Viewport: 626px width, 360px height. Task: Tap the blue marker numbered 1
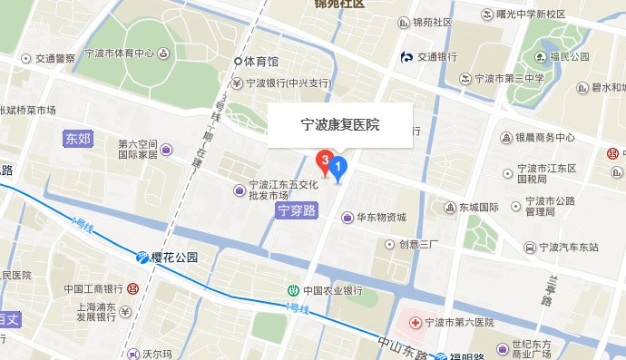338,167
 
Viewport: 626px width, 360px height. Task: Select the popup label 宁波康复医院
340,126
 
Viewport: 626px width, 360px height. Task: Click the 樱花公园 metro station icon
142,258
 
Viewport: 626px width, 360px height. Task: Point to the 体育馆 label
261,62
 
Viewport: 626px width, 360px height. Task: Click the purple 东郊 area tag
78,139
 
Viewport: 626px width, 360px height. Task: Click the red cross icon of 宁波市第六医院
415,322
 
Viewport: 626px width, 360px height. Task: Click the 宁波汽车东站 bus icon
529,247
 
